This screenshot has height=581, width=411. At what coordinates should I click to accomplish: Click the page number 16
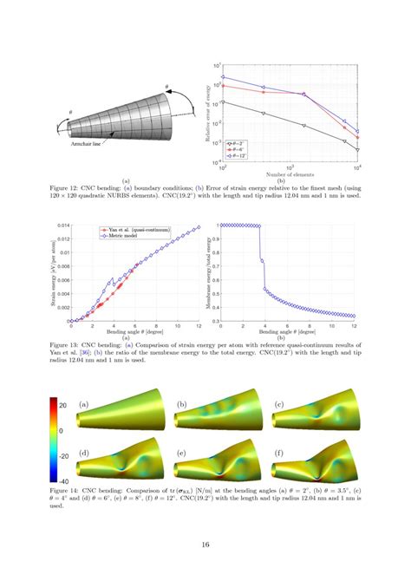[x=205, y=544]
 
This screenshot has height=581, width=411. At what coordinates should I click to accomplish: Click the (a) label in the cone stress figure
[x=84, y=404]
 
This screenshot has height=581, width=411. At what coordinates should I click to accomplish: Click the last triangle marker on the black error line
[x=357, y=150]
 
